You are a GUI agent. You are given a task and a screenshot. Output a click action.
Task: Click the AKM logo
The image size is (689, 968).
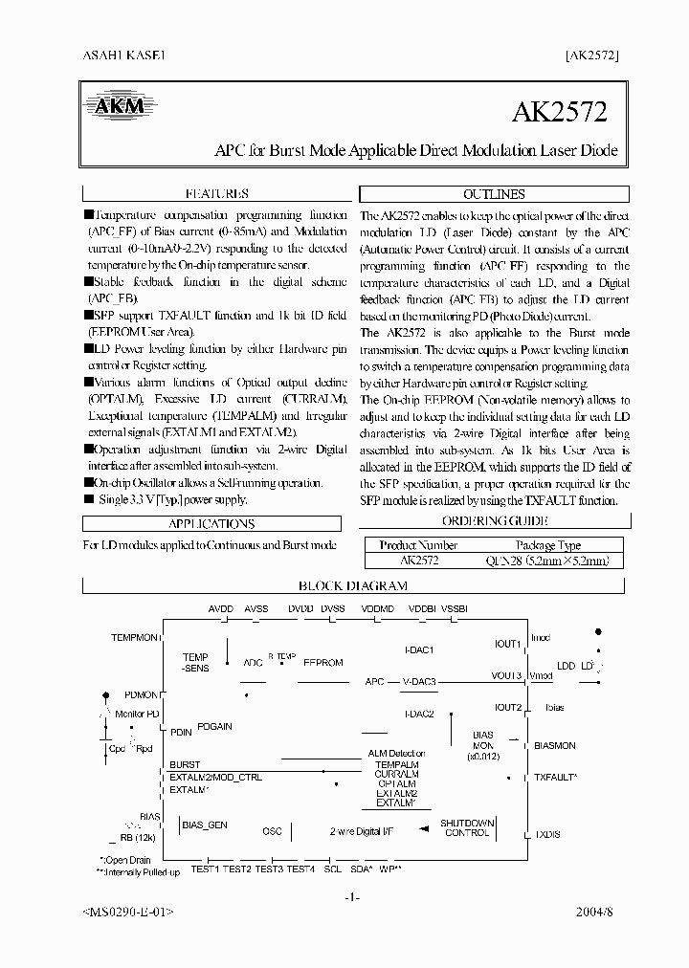[119, 105]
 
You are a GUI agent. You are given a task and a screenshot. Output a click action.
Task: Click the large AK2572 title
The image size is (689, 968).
[559, 112]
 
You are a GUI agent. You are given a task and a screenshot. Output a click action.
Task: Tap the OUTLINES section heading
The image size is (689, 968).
[494, 193]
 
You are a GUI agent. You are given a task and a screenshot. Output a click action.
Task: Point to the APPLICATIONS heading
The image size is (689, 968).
[211, 523]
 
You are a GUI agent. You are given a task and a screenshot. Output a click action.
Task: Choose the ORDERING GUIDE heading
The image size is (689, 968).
[495, 521]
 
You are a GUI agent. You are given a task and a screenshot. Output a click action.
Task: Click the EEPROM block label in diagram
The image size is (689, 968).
[322, 662]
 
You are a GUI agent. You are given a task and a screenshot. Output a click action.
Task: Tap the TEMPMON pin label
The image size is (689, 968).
[135, 637]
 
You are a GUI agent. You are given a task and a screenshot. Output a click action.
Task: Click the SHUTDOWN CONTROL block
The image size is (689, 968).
[467, 827]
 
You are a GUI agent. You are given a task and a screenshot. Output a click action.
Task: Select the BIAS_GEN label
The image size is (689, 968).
[205, 825]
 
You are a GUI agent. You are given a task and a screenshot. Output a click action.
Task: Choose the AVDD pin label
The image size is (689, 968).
[221, 608]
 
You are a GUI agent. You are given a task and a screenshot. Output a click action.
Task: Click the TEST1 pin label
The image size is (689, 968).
[205, 869]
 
